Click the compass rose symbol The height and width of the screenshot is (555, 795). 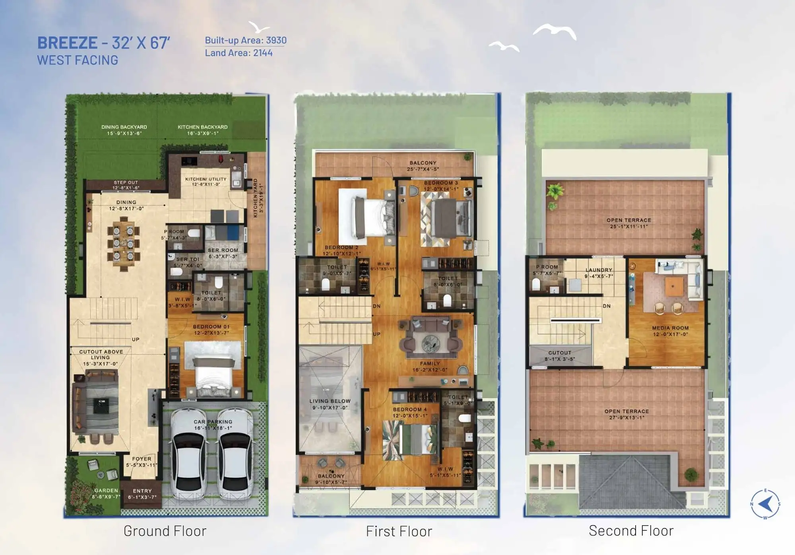pyautogui.click(x=765, y=504)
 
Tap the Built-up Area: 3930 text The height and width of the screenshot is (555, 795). pyautogui.click(x=246, y=40)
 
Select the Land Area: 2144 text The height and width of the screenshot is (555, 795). pyautogui.click(x=238, y=53)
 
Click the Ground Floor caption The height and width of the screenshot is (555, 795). pyautogui.click(x=165, y=531)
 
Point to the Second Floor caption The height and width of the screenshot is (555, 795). pyautogui.click(x=631, y=531)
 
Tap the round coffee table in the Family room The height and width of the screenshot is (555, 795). pyautogui.click(x=430, y=342)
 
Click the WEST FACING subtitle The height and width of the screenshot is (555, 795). pyautogui.click(x=78, y=60)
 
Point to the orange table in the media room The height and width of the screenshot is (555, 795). pyautogui.click(x=674, y=285)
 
